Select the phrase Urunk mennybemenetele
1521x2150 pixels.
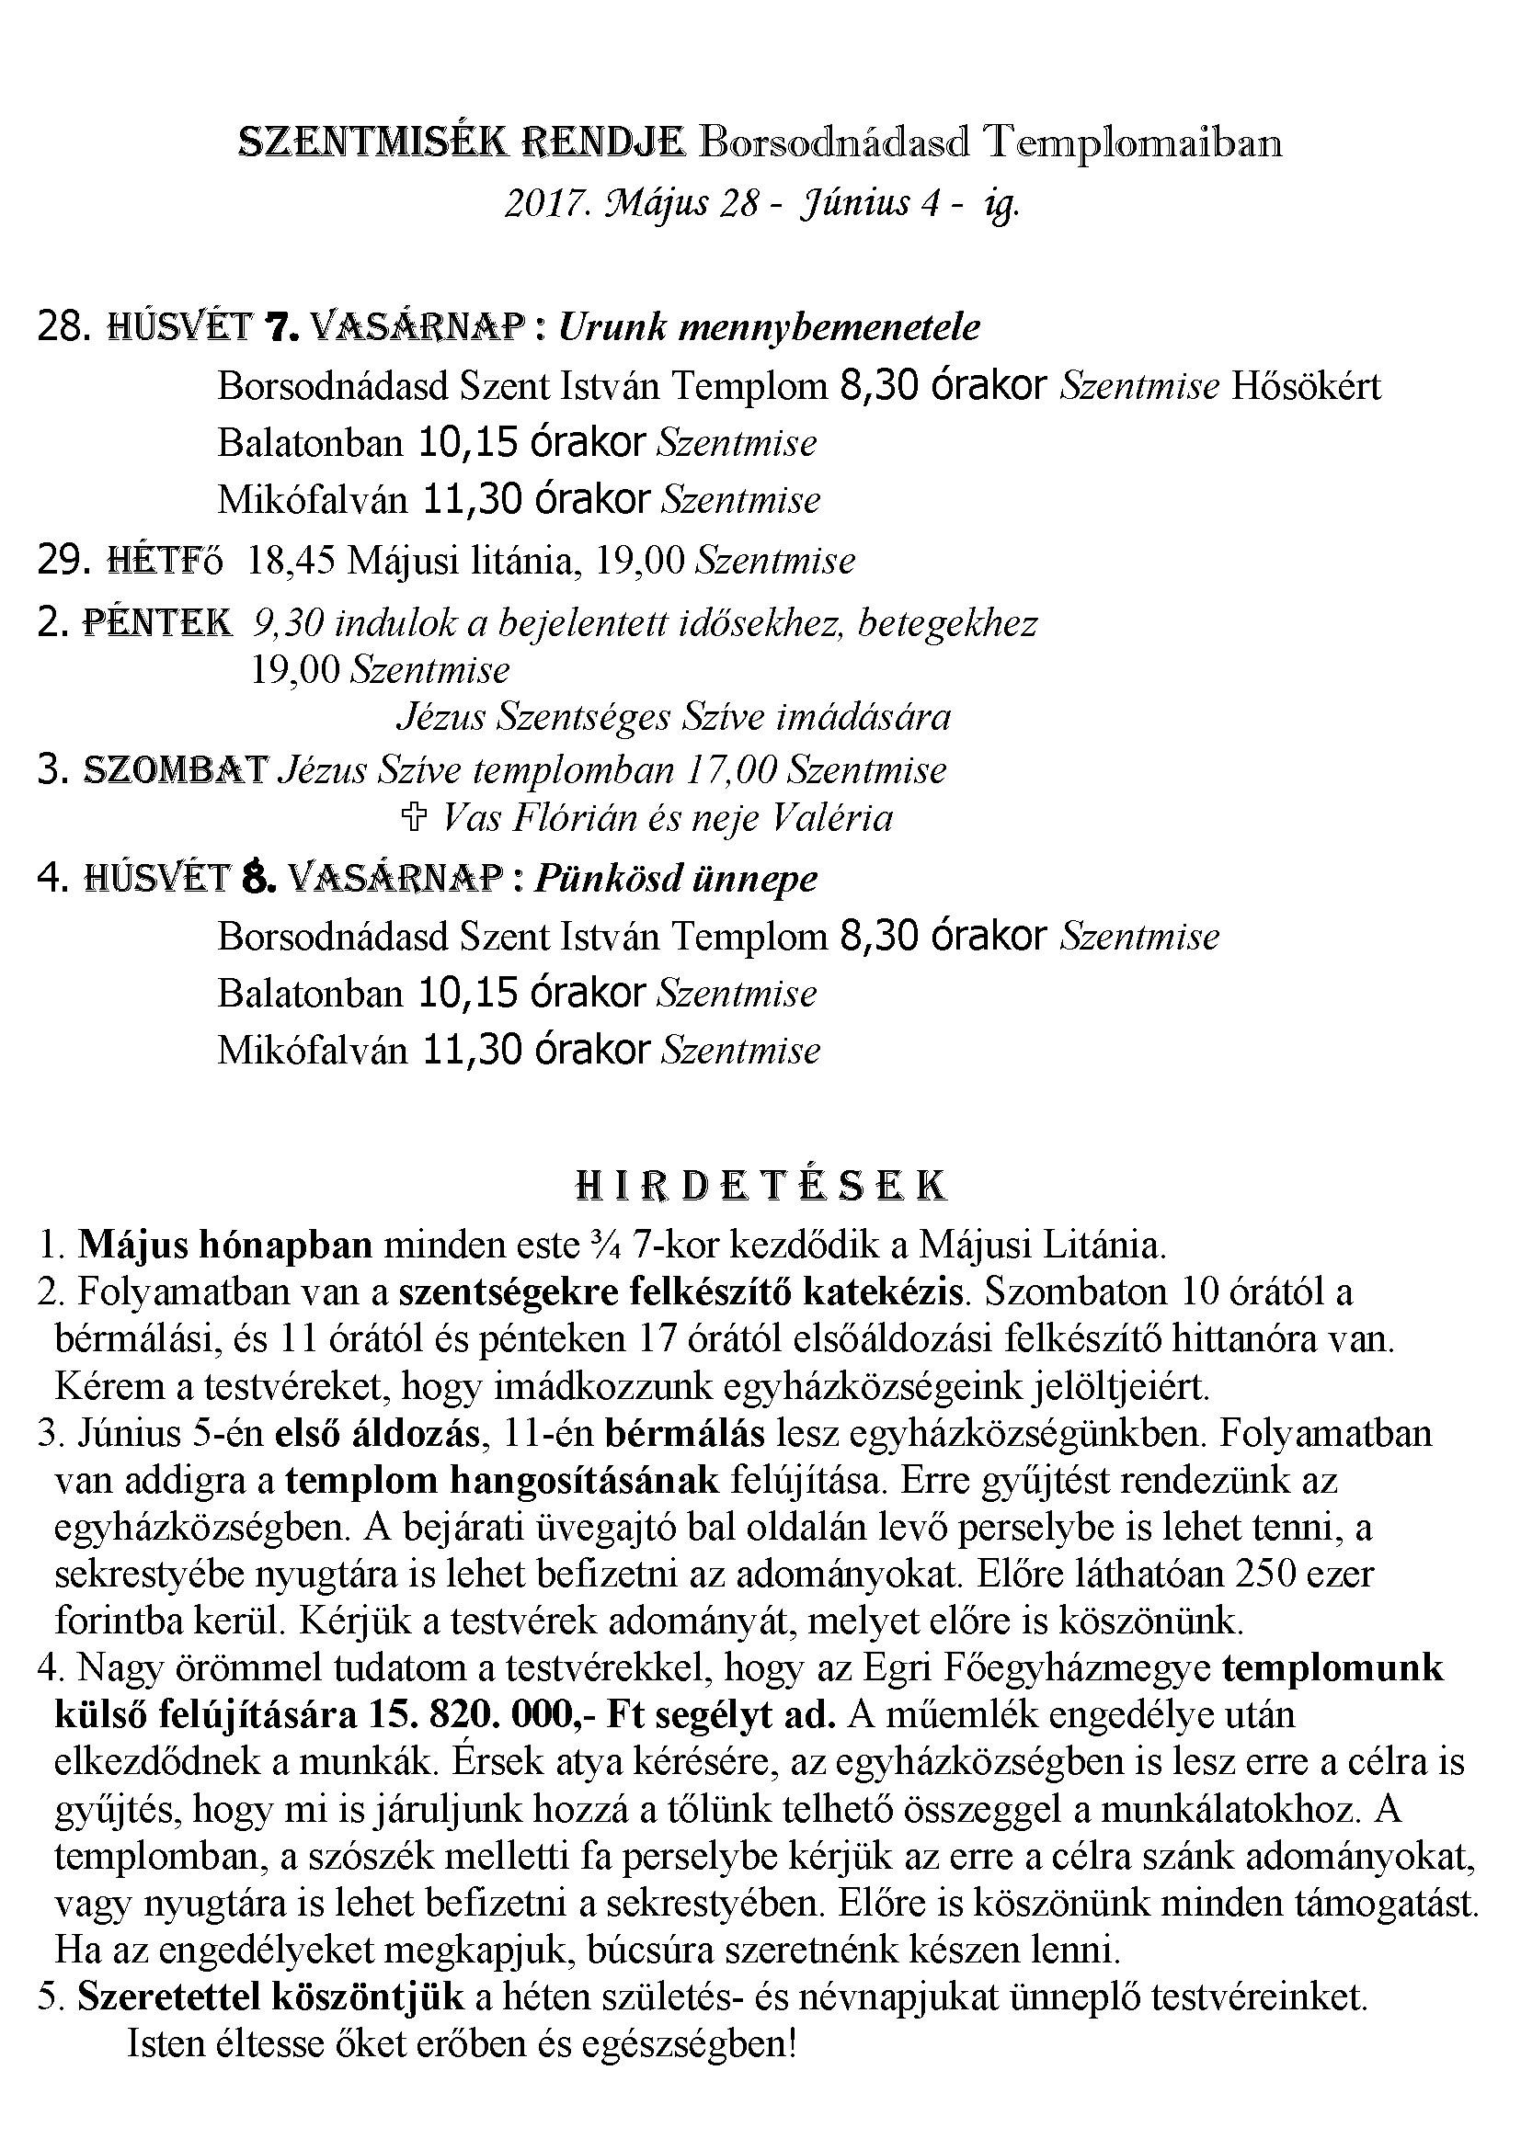click(x=770, y=327)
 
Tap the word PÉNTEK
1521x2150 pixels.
click(x=157, y=622)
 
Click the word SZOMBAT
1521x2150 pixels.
click(x=176, y=769)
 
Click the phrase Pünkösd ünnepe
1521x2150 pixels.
click(x=675, y=879)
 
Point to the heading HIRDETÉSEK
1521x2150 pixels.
click(x=760, y=1187)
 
